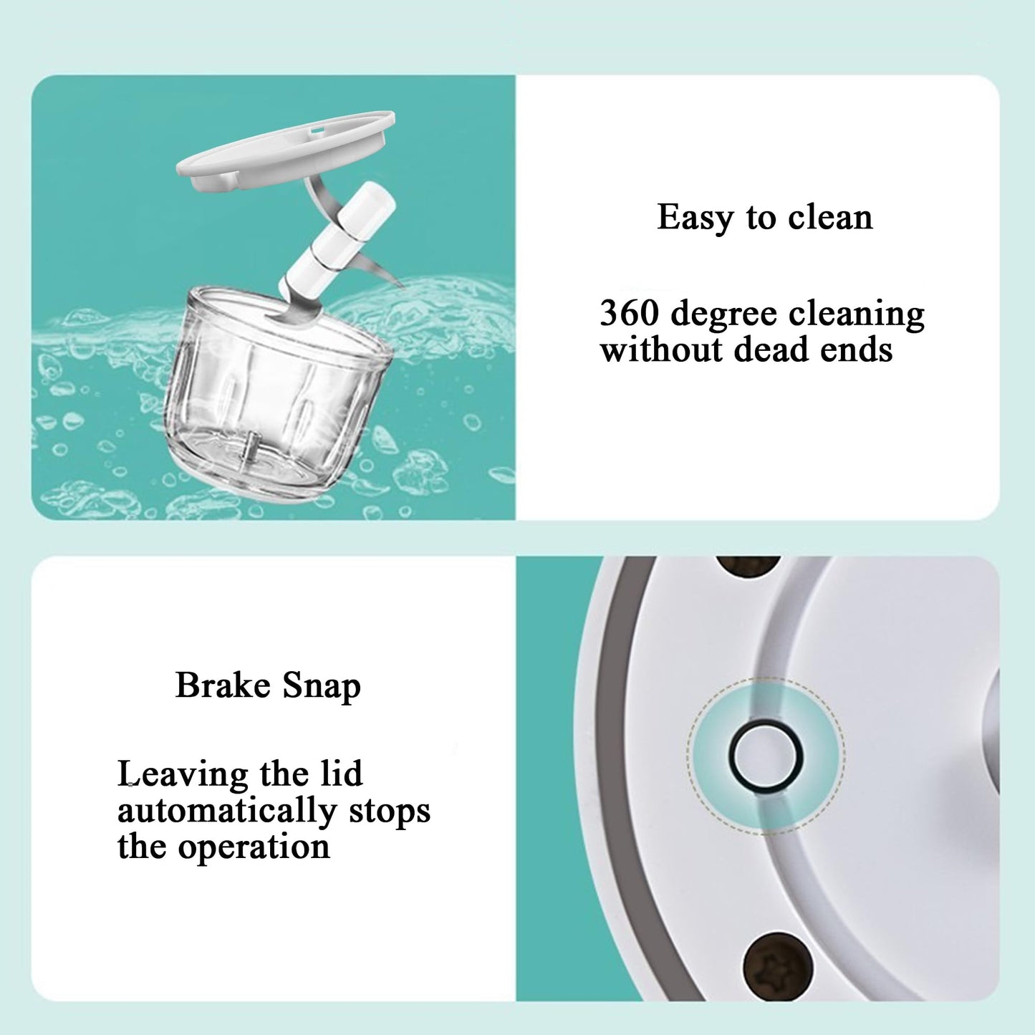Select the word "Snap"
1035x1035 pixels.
pos(322,687)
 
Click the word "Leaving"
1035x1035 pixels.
pos(183,775)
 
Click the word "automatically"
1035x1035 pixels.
pos(226,812)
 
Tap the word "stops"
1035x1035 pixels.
pos(390,812)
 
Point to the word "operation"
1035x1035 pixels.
pos(254,847)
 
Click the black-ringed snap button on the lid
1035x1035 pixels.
pos(766,756)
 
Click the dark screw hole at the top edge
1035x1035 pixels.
pos(748,565)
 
